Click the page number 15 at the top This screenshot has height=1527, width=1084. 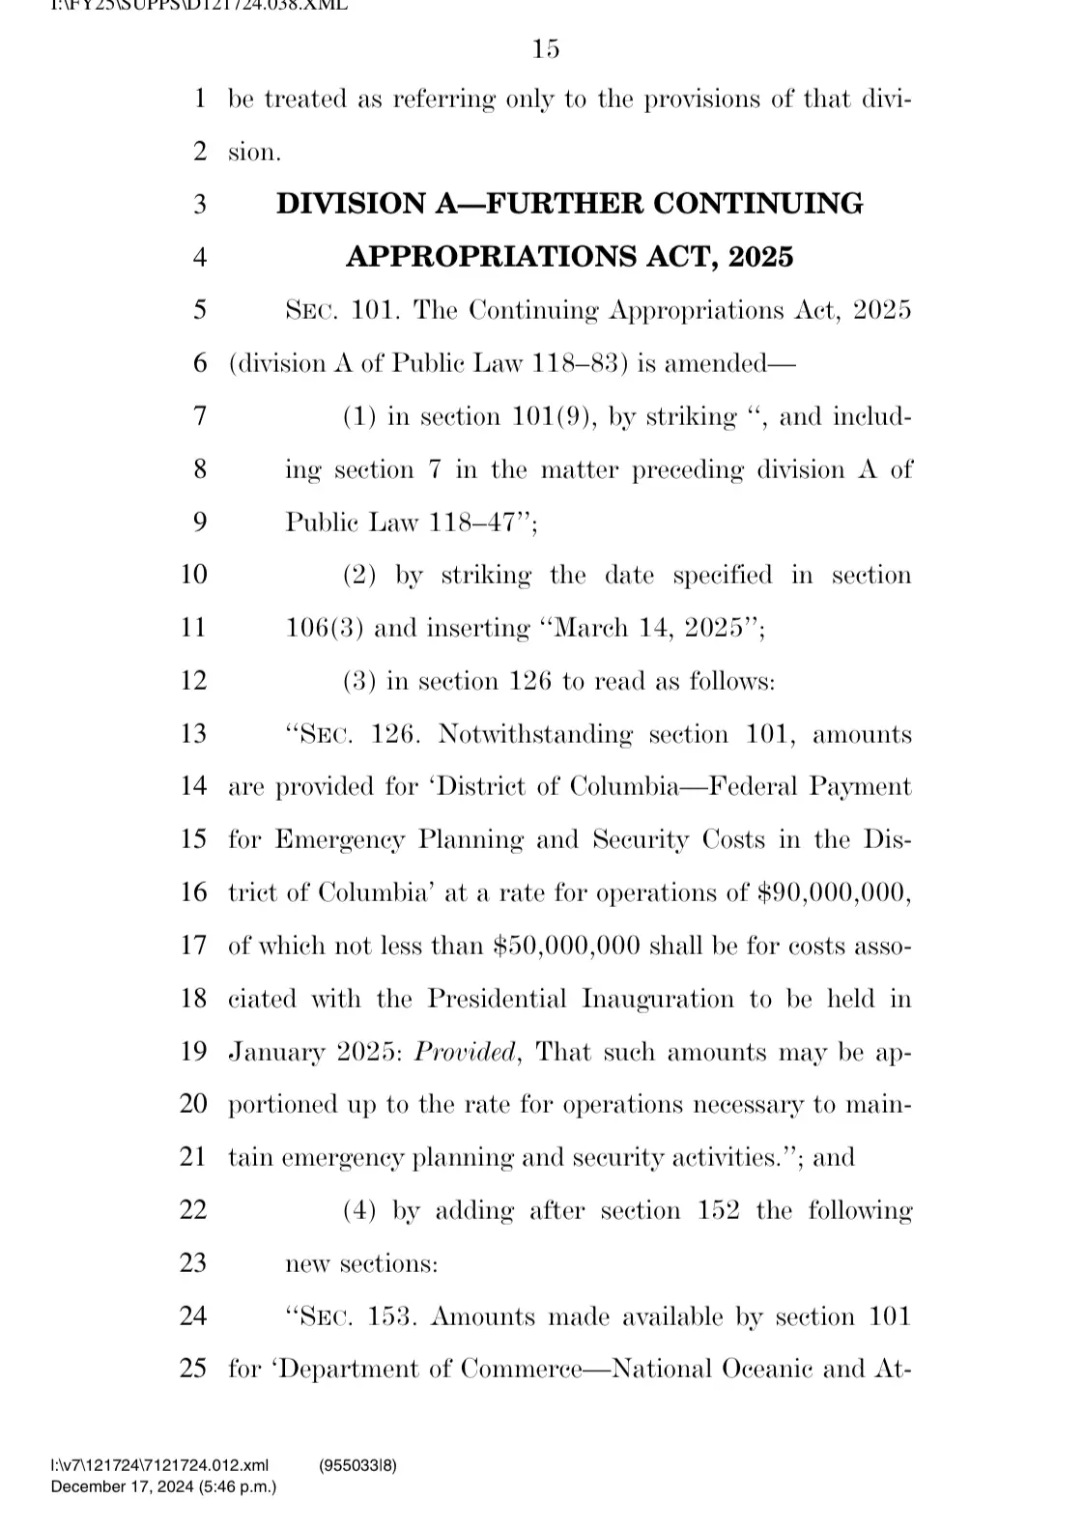pyautogui.click(x=546, y=48)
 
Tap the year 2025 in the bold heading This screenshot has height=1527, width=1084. pyautogui.click(x=760, y=257)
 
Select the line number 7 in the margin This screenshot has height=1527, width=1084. pyautogui.click(x=200, y=416)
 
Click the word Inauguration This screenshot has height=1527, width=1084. pyautogui.click(x=657, y=999)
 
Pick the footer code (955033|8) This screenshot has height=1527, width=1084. pyautogui.click(x=357, y=1465)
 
